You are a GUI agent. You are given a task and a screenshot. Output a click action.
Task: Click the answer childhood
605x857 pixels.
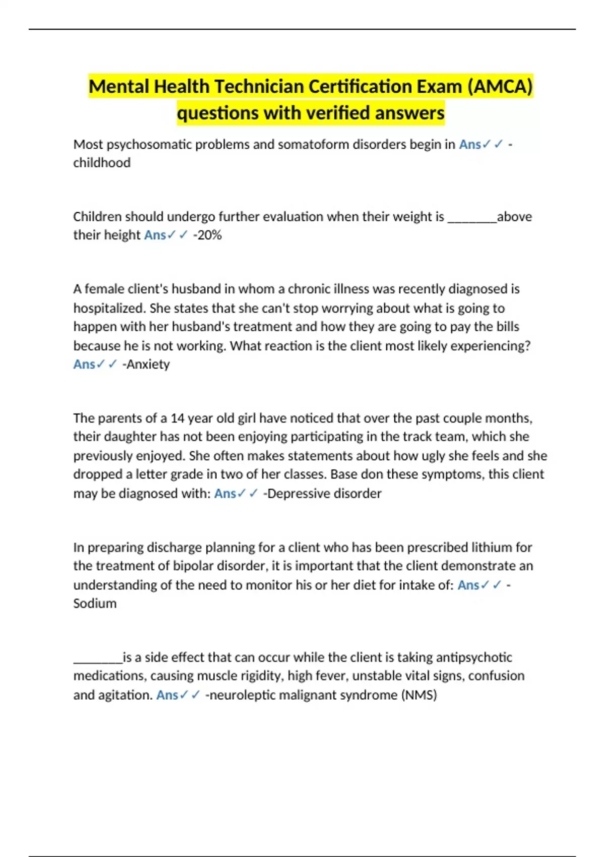102,163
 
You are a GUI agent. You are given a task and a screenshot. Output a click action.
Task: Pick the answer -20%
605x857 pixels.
208,235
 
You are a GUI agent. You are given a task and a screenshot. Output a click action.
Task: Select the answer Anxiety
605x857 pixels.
147,364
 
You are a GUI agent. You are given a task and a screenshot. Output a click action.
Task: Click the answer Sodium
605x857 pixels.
95,603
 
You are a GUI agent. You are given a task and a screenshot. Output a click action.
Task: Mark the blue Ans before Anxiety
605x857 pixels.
84,364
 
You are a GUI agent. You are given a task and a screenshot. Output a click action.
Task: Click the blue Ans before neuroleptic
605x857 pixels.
167,695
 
